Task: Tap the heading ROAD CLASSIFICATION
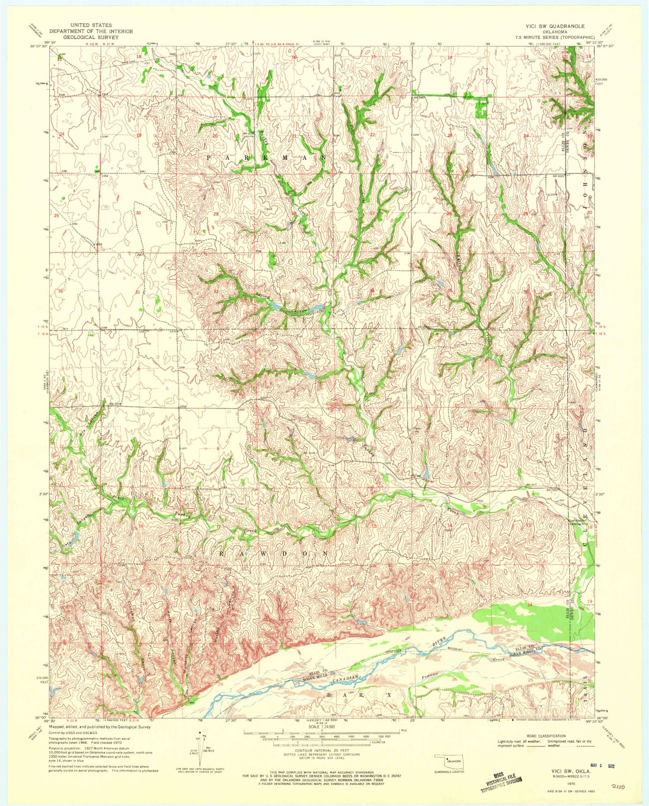[x=546, y=736]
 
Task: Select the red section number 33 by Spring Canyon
[x=294, y=291]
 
